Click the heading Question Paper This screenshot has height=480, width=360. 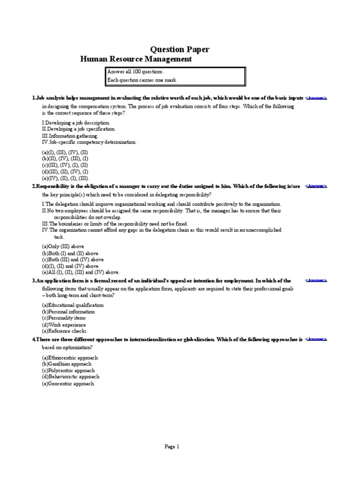point(180,49)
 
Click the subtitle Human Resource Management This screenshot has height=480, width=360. point(136,59)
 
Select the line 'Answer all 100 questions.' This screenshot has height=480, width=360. point(136,72)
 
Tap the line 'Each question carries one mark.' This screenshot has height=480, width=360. point(142,80)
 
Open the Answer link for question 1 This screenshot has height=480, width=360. point(316,98)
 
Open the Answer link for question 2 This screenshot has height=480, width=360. point(316,186)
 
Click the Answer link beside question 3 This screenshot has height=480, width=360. point(316,280)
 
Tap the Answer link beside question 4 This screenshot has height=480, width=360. point(316,339)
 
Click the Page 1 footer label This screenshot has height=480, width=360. point(172,447)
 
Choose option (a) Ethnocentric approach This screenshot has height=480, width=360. point(70,358)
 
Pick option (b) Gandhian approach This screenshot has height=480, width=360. point(67,364)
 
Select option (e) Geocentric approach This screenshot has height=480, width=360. point(68,383)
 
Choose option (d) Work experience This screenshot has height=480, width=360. point(64,325)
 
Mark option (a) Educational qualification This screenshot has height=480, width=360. point(73,305)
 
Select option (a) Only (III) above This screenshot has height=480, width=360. point(63,247)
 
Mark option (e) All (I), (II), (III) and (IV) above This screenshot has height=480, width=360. point(81,272)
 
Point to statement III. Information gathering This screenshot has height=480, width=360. point(70,135)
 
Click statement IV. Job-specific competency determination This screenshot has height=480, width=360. point(89,142)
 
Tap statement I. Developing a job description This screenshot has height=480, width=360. point(76,122)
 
